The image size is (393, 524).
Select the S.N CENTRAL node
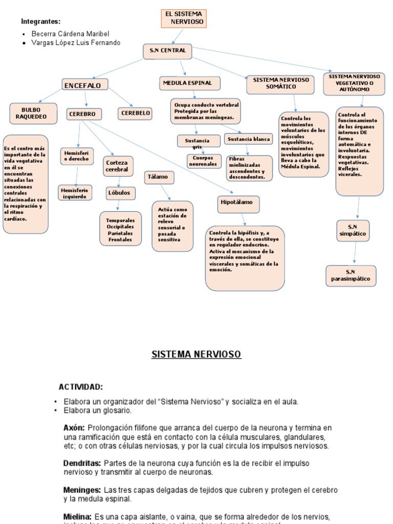[x=167, y=51]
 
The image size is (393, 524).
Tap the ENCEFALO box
[x=85, y=85]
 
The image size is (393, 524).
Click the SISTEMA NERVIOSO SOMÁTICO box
[x=281, y=83]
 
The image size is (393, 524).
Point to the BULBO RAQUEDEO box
[x=31, y=113]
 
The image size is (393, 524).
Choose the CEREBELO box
[x=135, y=114]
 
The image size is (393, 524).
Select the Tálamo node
[x=158, y=177]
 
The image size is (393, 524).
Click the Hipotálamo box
[x=237, y=203]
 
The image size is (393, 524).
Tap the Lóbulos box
[x=119, y=193]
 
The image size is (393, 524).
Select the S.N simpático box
[x=353, y=230]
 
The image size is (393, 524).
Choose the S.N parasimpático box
[x=351, y=275]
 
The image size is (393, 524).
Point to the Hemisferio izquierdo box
[x=75, y=193]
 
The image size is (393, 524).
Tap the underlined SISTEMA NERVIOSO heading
[x=196, y=354]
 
